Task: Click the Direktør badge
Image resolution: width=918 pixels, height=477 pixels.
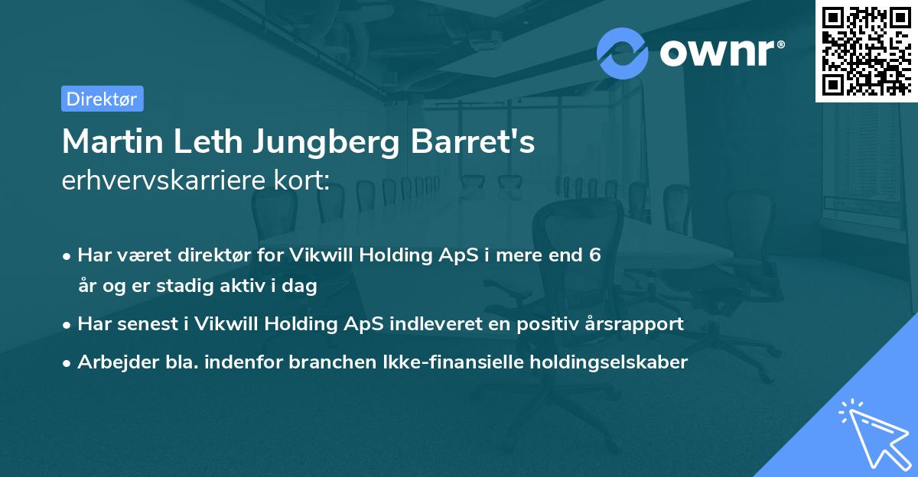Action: click(x=102, y=99)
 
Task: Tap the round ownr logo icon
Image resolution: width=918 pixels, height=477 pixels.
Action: click(x=622, y=54)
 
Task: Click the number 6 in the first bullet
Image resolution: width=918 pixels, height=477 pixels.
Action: click(x=594, y=255)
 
